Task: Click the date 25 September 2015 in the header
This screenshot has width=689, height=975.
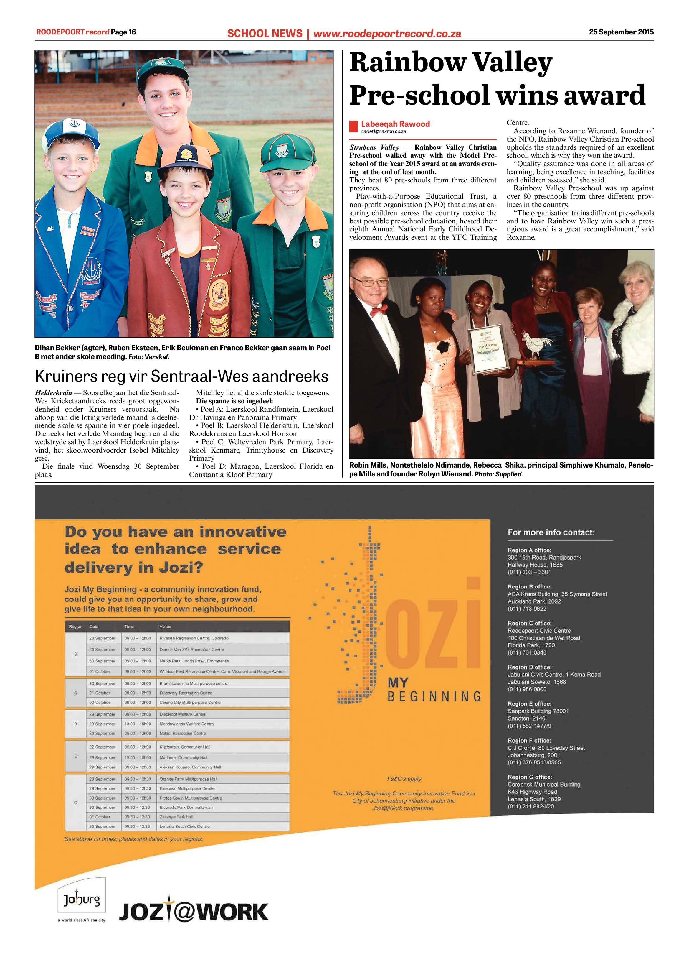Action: pyautogui.click(x=621, y=32)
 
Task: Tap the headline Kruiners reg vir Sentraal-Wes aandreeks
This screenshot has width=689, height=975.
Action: pyautogui.click(x=181, y=376)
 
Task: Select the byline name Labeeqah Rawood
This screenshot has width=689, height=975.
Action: pyautogui.click(x=395, y=124)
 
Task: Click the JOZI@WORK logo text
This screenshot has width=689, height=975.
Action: pyautogui.click(x=194, y=912)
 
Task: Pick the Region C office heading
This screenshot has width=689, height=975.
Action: pyautogui.click(x=529, y=623)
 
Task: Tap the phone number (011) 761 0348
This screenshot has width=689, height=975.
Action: pyautogui.click(x=527, y=652)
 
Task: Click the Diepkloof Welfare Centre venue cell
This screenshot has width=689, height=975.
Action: pyautogui.click(x=182, y=714)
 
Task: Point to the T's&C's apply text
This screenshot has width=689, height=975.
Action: pyautogui.click(x=404, y=779)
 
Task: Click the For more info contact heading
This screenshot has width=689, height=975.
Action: pyautogui.click(x=551, y=532)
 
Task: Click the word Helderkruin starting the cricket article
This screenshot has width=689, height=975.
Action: pyautogui.click(x=53, y=393)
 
